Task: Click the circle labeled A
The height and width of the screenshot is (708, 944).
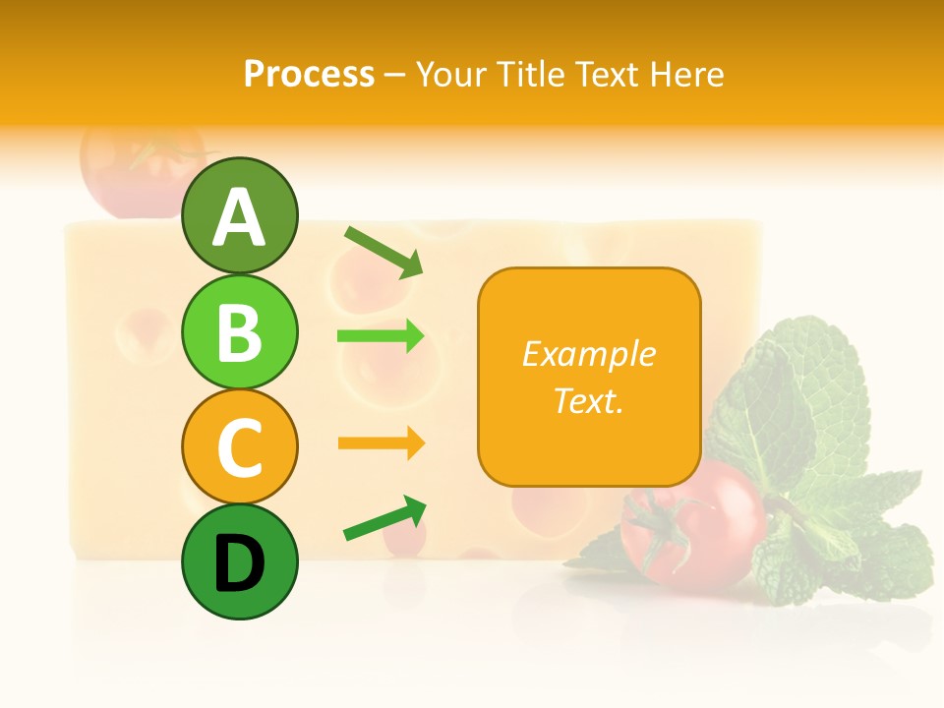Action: pos(239,215)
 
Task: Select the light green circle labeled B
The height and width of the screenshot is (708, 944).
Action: pos(239,331)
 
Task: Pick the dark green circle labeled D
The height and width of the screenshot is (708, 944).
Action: pos(239,561)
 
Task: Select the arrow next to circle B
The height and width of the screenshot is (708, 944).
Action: pos(381,336)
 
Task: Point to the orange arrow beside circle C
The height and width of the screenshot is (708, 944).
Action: pos(381,443)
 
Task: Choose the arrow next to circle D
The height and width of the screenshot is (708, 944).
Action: pos(384,518)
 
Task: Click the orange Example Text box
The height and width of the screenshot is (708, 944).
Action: pos(589,377)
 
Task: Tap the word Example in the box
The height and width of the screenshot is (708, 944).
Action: pos(588,354)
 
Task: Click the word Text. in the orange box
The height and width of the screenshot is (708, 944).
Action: pos(588,400)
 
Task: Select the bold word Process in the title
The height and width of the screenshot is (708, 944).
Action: pos(309,74)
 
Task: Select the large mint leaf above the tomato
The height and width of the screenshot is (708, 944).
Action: pos(787,393)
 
